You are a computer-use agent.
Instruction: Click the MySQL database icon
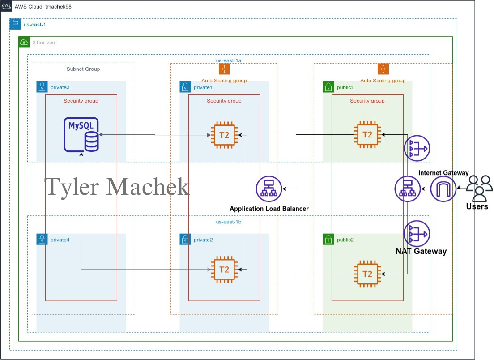pyautogui.click(x=81, y=134)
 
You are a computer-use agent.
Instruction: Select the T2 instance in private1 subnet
pyautogui.click(x=224, y=135)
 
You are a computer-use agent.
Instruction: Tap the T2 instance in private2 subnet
pyautogui.click(x=224, y=270)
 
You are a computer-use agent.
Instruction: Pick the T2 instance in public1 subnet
pyautogui.click(x=367, y=135)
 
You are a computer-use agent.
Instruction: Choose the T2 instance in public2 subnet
pyautogui.click(x=367, y=274)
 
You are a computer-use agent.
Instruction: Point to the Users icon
pyautogui.click(x=479, y=188)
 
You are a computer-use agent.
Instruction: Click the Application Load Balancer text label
pyautogui.click(x=269, y=209)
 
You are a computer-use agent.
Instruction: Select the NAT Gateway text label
pyautogui.click(x=421, y=251)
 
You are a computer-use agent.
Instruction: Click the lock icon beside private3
pyautogui.click(x=42, y=87)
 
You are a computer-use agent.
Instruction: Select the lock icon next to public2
pyautogui.click(x=328, y=240)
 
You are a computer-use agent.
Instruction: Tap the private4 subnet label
pyautogui.click(x=60, y=240)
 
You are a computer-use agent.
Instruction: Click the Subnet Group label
pyautogui.click(x=83, y=69)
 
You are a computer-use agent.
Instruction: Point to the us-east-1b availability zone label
pyautogui.click(x=229, y=221)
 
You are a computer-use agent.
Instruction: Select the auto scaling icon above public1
pyautogui.click(x=383, y=69)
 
